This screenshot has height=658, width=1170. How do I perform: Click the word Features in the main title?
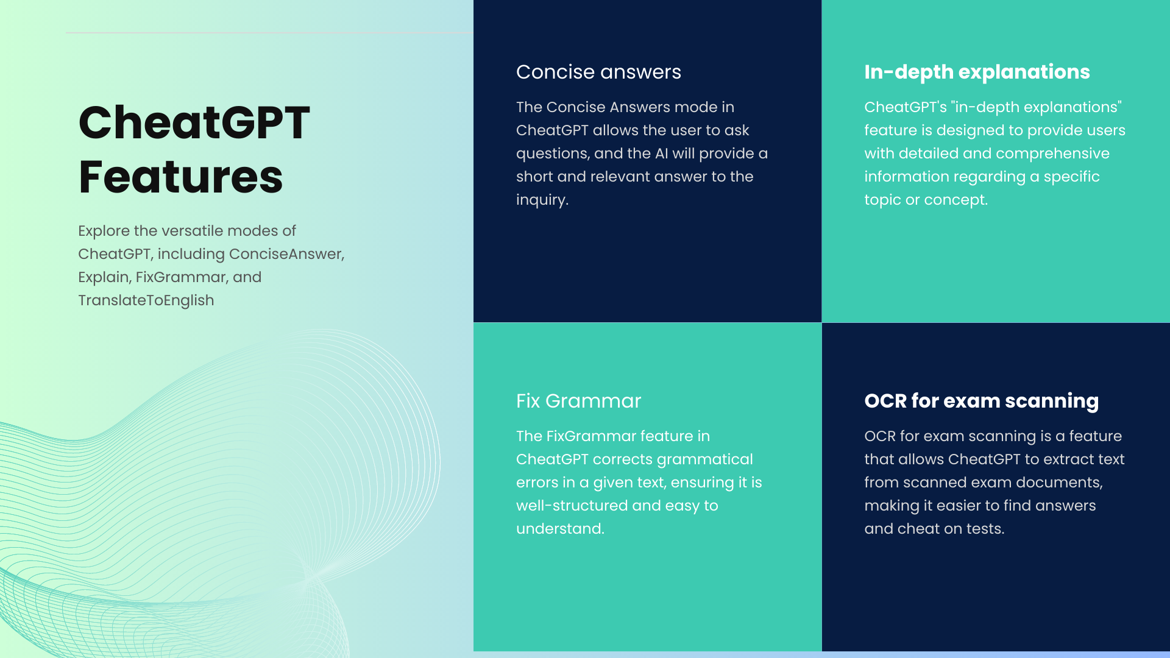point(181,177)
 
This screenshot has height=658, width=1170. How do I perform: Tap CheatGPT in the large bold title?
point(194,122)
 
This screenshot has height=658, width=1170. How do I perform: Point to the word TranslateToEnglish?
point(146,300)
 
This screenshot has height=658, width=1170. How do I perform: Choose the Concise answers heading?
point(598,72)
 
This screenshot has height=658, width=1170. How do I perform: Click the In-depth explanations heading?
point(977,73)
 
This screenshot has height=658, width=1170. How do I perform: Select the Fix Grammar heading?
point(578,401)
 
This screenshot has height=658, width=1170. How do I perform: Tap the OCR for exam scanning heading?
point(981,401)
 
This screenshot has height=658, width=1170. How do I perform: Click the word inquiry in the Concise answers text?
point(542,200)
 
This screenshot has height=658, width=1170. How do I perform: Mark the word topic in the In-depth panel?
point(882,200)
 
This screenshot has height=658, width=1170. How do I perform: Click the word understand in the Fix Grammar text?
point(560,529)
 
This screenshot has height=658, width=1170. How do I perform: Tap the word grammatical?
point(704,460)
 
